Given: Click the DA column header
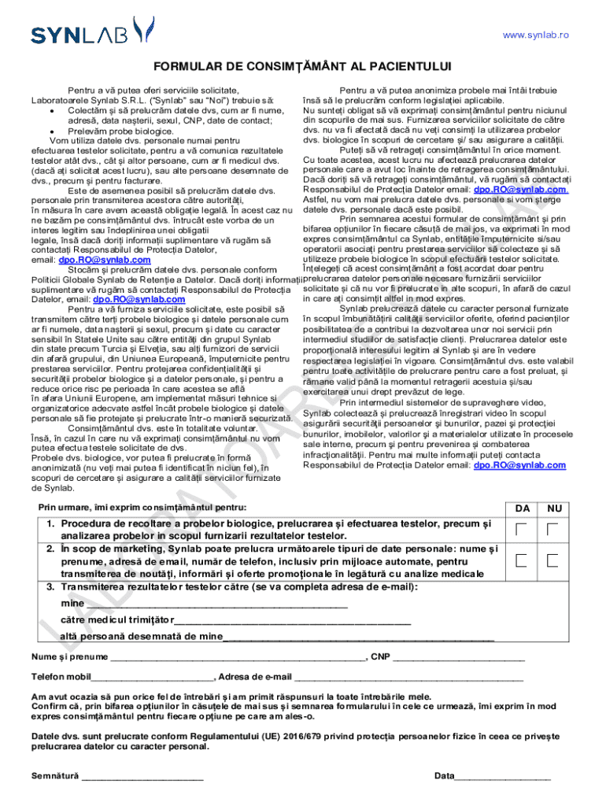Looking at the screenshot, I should coord(522,508).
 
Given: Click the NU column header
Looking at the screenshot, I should coord(555,508).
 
